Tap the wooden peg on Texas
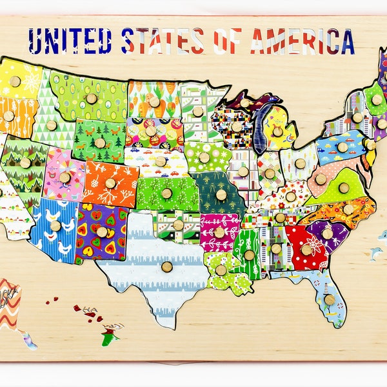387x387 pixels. tap(167, 266)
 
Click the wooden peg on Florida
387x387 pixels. tap(330, 299)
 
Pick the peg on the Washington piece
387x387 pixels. tap(15, 81)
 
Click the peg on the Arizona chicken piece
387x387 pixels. tap(55, 226)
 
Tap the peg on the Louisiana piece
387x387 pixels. tap(221, 270)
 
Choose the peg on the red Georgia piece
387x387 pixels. tap(306, 249)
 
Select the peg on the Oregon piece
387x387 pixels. tap(8, 116)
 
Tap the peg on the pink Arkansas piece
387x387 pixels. tap(219, 232)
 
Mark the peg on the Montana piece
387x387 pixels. tap(91, 98)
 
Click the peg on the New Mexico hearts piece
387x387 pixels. tap(102, 232)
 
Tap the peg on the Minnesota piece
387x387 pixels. tap(197, 111)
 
